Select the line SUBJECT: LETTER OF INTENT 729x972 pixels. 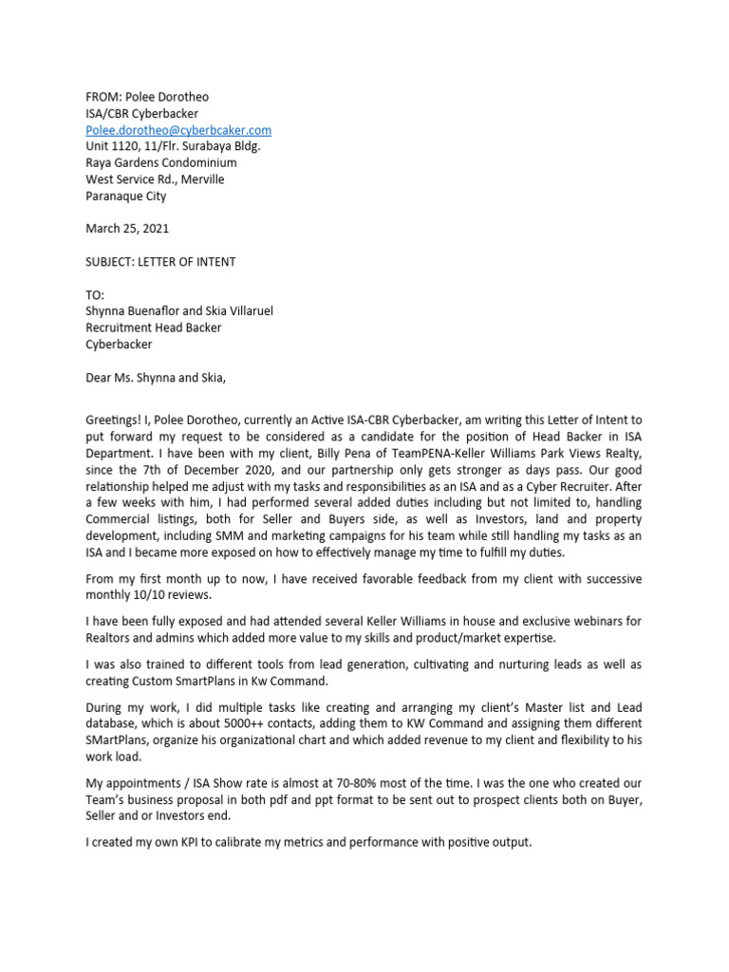pyautogui.click(x=160, y=262)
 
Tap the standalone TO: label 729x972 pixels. pyautogui.click(x=95, y=295)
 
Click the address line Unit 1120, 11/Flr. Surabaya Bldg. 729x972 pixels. pyautogui.click(x=173, y=146)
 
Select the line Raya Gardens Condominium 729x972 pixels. pyautogui.click(x=160, y=163)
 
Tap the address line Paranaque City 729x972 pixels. pyautogui.click(x=125, y=196)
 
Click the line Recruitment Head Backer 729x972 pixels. pyautogui.click(x=156, y=328)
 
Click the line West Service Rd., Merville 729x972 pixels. pyautogui.click(x=155, y=179)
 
